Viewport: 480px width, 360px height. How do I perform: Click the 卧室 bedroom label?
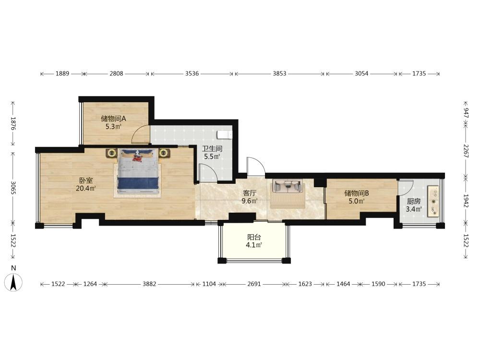pyautogui.click(x=86, y=180)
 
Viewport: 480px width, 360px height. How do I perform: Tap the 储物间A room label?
pyautogui.click(x=114, y=119)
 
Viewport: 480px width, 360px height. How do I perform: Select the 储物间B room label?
pyautogui.click(x=356, y=193)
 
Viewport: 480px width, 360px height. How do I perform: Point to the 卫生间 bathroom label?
pyautogui.click(x=212, y=149)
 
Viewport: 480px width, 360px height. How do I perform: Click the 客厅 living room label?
pyautogui.click(x=250, y=193)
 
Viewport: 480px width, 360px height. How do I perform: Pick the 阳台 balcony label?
pyautogui.click(x=254, y=237)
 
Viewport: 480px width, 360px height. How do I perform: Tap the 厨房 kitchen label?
pyautogui.click(x=414, y=202)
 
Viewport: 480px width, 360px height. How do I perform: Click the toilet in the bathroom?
pyautogui.click(x=225, y=135)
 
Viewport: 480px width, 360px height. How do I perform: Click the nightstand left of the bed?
pyautogui.click(x=112, y=153)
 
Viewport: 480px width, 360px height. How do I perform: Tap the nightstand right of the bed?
pyautogui.click(x=164, y=153)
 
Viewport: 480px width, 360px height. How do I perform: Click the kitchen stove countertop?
pyautogui.click(x=434, y=201)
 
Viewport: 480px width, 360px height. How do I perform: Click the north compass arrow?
pyautogui.click(x=13, y=282)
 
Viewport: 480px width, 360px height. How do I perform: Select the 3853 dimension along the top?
pyautogui.click(x=279, y=73)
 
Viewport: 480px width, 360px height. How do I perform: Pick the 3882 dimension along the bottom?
pyautogui.click(x=149, y=284)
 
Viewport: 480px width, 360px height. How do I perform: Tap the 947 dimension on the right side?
pyautogui.click(x=466, y=113)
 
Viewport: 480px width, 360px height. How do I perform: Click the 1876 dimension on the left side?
pyautogui.click(x=13, y=123)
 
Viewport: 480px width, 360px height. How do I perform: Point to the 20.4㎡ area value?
pyautogui.click(x=86, y=189)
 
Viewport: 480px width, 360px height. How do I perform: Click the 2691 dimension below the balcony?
pyautogui.click(x=254, y=284)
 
